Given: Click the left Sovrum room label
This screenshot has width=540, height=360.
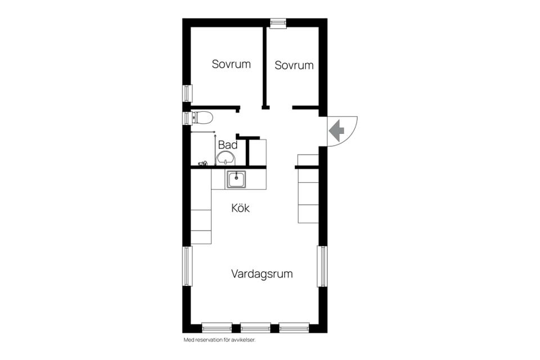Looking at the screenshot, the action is coord(231,64).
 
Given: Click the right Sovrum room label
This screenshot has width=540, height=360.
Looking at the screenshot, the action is coord(294,65).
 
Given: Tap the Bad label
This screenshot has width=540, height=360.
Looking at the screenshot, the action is coord(228,145).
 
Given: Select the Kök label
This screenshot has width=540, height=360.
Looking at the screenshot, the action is coord(240,208).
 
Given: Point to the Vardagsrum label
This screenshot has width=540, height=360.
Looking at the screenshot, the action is coord(262,274).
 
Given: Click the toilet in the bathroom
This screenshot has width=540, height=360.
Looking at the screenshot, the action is coord(202,118).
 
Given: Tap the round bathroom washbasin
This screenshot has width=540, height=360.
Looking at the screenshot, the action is coord(226,157).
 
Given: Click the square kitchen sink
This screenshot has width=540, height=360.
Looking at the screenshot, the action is coord(236,179).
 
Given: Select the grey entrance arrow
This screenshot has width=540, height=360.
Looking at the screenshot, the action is coord(336,131).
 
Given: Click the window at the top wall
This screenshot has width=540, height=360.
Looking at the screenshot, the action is coord(278,23).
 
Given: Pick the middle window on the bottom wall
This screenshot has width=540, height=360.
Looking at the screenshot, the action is coord(255,327).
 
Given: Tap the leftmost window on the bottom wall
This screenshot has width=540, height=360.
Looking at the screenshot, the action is coord(217,327).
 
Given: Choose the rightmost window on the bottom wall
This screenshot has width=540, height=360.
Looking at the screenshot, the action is coord(294,327).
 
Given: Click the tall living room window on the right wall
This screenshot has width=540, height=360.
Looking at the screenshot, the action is coord(322,266).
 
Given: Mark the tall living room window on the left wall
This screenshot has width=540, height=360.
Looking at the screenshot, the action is coord(187,266).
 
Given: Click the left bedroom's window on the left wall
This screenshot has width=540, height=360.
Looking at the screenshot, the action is coord(187,93).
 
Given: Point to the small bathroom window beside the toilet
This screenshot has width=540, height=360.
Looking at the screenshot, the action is coord(187,118).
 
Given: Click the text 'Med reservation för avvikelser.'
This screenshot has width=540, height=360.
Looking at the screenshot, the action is coord(220,340).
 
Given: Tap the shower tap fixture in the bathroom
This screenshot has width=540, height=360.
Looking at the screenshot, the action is coord(203,163).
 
